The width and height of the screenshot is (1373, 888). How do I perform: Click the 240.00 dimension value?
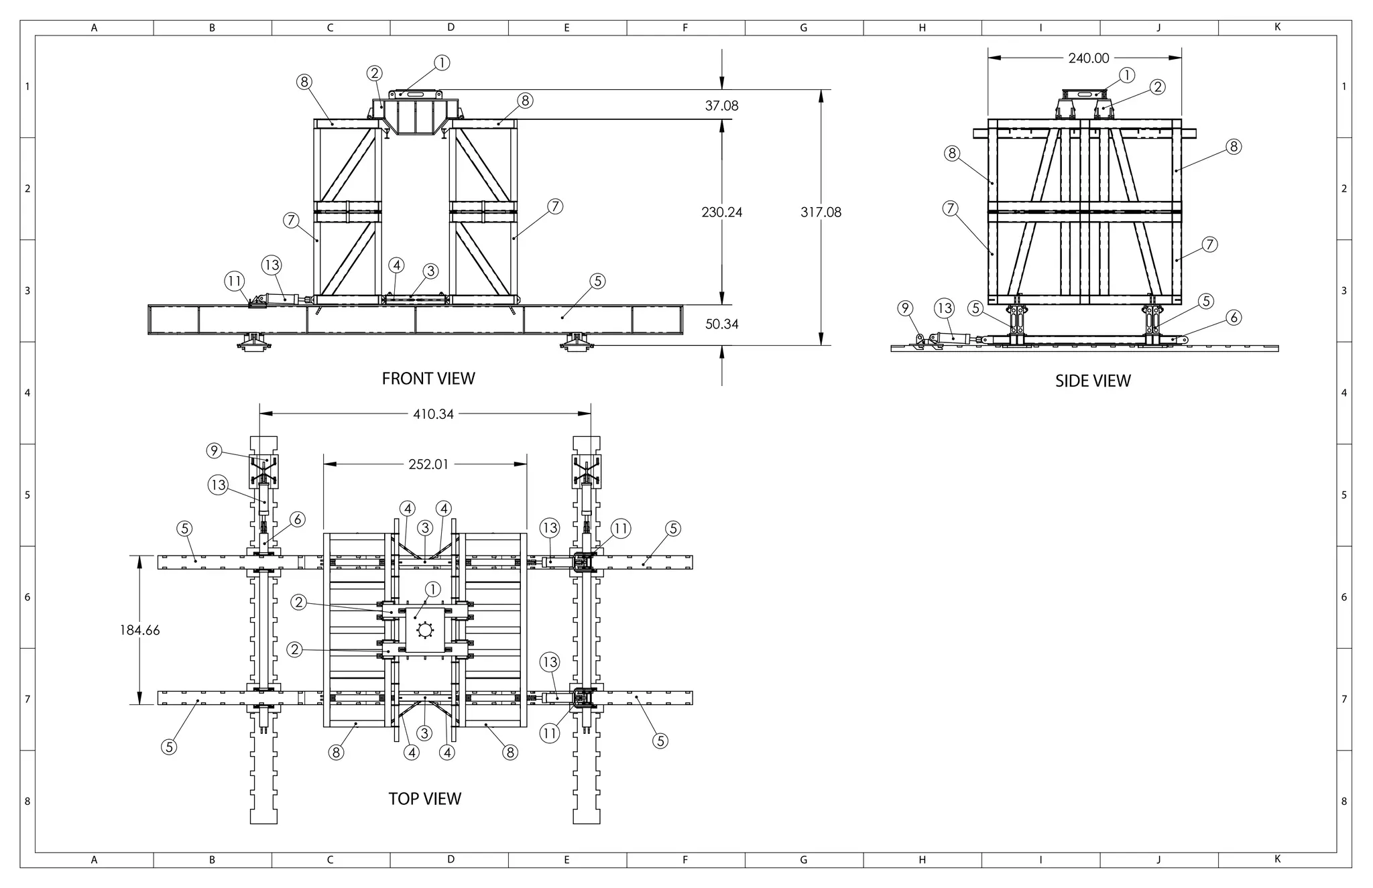1088,58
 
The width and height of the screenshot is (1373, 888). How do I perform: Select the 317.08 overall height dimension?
821,212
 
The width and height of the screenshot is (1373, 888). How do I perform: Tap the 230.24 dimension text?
721,212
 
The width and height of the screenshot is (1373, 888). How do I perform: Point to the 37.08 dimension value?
721,106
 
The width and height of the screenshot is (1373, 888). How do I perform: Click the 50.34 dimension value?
721,324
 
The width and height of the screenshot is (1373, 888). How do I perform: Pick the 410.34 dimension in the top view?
433,414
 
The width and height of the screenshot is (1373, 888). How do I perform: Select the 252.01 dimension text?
428,464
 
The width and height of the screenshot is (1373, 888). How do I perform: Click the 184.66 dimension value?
139,630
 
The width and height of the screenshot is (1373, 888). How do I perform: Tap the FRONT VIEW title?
428,379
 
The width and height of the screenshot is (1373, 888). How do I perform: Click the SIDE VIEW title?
1093,381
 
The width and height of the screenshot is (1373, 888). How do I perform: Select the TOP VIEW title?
425,799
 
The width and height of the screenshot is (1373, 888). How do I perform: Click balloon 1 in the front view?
441,63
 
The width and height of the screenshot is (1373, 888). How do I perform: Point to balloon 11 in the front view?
235,281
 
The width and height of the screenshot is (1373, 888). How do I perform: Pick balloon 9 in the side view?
905,308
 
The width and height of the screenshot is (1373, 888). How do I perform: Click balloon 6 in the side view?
1234,318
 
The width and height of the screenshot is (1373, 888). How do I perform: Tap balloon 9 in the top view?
214,450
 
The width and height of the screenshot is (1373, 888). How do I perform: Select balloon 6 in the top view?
298,519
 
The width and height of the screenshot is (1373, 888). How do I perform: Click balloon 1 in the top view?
433,590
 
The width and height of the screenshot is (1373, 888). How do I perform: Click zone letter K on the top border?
1277,27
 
